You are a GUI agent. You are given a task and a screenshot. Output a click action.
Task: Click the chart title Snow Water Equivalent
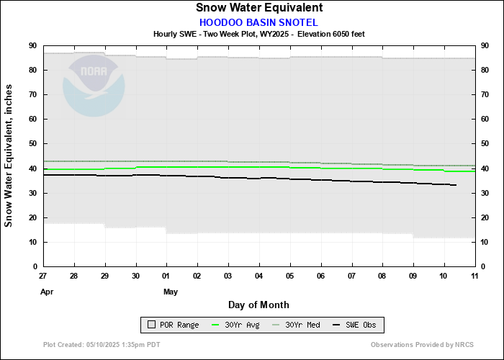[x=259, y=8]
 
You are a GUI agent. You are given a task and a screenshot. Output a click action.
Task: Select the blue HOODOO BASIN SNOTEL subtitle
[x=258, y=22]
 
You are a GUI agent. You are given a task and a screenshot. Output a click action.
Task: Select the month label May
[x=171, y=292]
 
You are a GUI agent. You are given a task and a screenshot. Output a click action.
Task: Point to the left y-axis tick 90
[x=32, y=45]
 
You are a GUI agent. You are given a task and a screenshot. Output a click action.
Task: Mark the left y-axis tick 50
[x=32, y=144]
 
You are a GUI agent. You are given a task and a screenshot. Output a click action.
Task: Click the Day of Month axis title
[x=259, y=305]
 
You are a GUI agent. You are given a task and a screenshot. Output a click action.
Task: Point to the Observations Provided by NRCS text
[x=422, y=345]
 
